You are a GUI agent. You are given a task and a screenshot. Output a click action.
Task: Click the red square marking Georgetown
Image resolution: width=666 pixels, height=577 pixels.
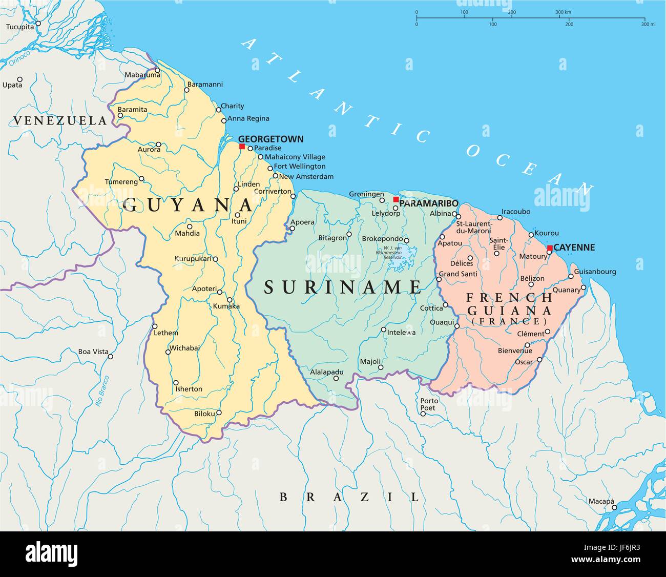pos(242,147)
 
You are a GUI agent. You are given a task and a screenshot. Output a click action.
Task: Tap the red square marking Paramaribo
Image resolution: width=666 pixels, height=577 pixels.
pos(396,199)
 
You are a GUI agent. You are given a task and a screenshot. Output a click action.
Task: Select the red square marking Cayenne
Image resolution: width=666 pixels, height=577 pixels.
pos(550,248)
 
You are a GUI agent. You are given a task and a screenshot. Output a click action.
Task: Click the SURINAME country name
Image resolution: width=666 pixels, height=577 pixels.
pos(343,287)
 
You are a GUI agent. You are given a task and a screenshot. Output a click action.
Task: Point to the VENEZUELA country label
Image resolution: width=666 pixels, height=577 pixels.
pos(60,121)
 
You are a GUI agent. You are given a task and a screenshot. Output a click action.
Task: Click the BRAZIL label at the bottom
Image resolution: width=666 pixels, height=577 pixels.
pos(349,497)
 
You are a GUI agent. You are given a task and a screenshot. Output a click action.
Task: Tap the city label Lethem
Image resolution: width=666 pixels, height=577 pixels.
pos(166,333)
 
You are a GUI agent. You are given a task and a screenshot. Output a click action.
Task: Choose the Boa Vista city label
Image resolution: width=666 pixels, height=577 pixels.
pos(93,352)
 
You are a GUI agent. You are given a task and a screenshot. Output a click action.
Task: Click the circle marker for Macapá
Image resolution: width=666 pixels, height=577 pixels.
pos(614,507)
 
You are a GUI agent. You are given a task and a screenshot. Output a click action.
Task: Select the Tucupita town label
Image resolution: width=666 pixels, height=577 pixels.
pos(19,27)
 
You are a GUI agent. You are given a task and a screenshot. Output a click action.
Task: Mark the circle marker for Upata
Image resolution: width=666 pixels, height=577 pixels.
pos(20,79)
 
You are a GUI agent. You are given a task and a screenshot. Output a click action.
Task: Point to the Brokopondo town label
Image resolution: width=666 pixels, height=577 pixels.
pos(382,239)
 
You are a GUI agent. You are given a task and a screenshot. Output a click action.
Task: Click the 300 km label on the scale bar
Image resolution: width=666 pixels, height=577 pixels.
pos(564,12)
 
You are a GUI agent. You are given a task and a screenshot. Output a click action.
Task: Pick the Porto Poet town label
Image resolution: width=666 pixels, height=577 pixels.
pos(429,404)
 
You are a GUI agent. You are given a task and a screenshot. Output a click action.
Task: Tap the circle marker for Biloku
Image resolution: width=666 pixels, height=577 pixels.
pos(219,413)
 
